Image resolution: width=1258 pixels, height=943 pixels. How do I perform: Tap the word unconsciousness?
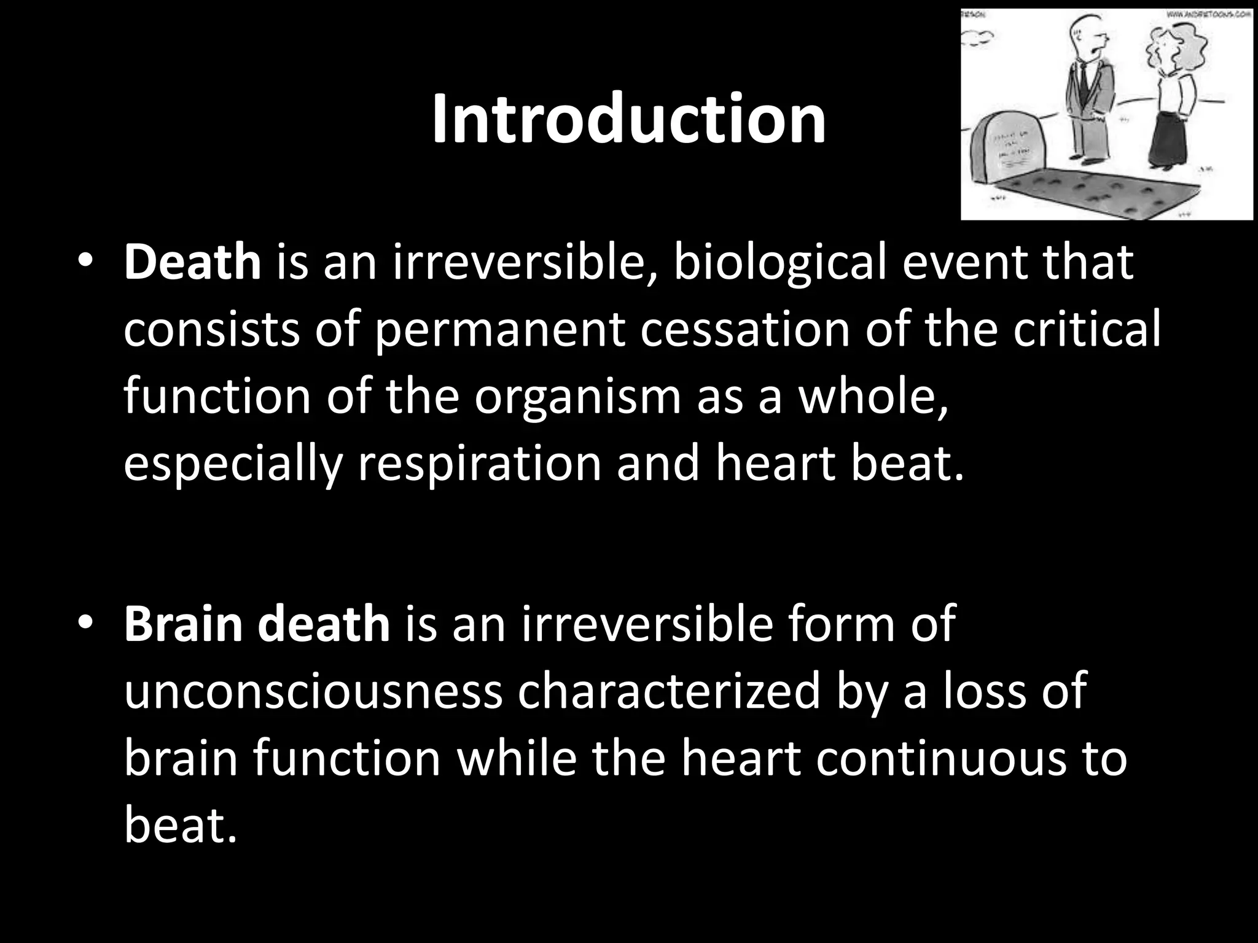[313, 691]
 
